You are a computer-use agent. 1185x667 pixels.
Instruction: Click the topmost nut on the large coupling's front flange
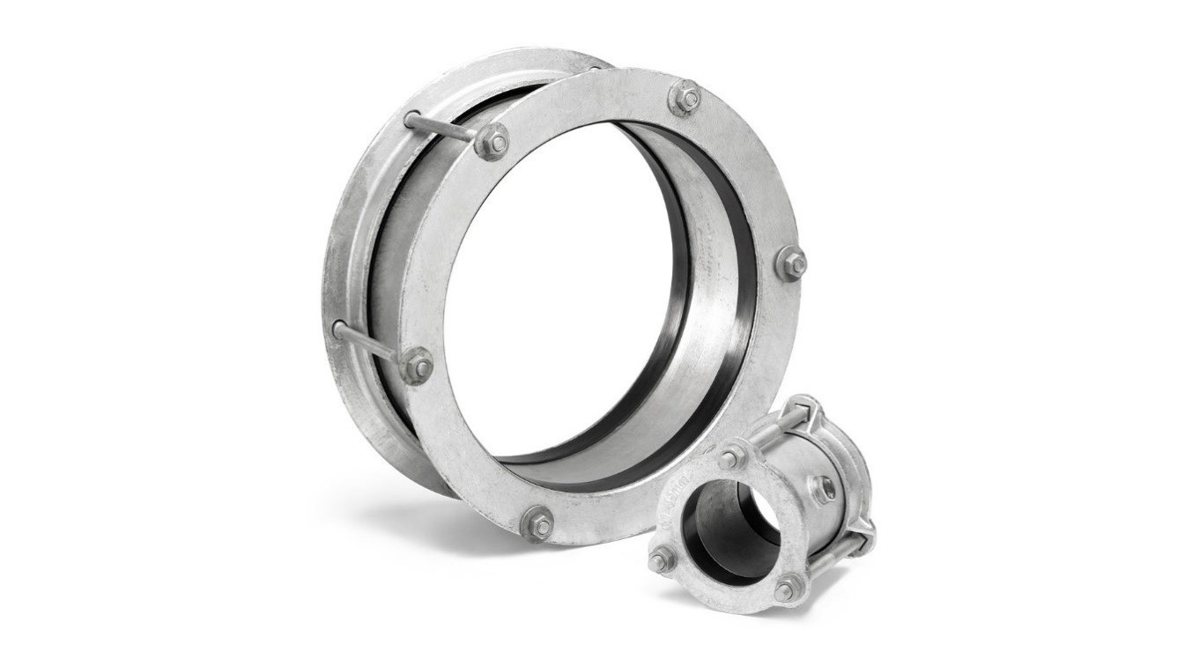pos(685,97)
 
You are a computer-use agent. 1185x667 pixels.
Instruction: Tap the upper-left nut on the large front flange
pos(492,142)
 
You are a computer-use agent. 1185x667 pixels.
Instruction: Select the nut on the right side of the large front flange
pos(790,263)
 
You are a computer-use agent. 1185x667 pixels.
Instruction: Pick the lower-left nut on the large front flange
pos(417,365)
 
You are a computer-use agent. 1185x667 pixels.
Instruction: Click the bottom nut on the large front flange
pos(537,524)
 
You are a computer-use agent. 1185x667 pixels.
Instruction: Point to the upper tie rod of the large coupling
pos(445,129)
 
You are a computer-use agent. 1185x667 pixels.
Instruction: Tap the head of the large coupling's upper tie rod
pos(411,117)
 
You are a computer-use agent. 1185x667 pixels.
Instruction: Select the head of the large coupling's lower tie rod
pos(338,330)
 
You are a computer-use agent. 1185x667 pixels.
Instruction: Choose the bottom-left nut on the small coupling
pos(662,557)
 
